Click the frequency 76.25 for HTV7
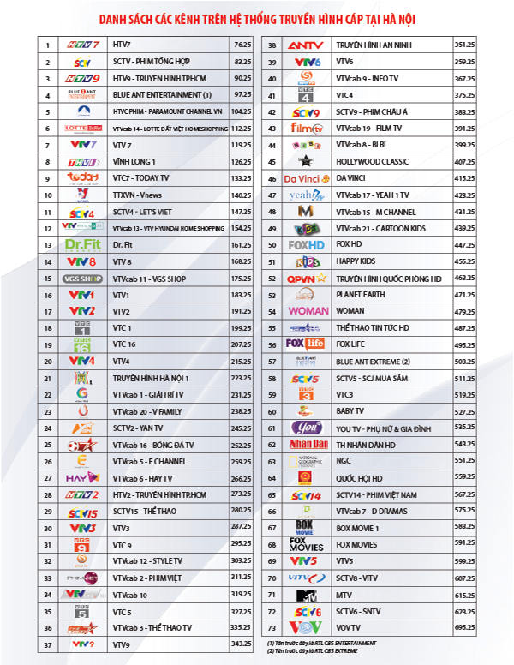242,44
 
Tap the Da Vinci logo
308,178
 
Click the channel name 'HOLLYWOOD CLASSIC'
369,161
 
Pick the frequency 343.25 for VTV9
242,644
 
